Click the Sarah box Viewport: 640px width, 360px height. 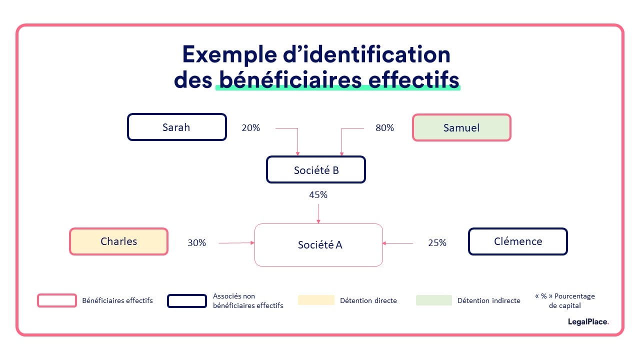pos(176,127)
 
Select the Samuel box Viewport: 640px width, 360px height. pos(461,127)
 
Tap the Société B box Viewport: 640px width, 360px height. pos(316,169)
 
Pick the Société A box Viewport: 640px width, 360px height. pos(319,244)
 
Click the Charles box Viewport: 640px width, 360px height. pos(118,241)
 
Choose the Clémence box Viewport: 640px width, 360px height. pos(517,241)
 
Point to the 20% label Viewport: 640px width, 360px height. pos(250,127)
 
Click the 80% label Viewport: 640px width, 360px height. pos(384,127)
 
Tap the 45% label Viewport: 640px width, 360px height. pos(318,194)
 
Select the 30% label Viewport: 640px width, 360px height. pos(196,242)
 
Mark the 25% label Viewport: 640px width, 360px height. pos(437,242)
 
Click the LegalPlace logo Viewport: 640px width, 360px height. pos(588,321)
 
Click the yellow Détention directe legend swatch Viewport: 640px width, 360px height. pos(316,300)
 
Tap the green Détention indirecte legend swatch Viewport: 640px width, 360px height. pos(433,300)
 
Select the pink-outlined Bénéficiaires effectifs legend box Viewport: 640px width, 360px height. pos(56,300)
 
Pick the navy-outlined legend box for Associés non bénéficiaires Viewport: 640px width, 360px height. pos(186,300)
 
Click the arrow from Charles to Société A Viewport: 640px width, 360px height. pos(236,243)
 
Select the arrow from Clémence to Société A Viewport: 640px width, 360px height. pos(398,243)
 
